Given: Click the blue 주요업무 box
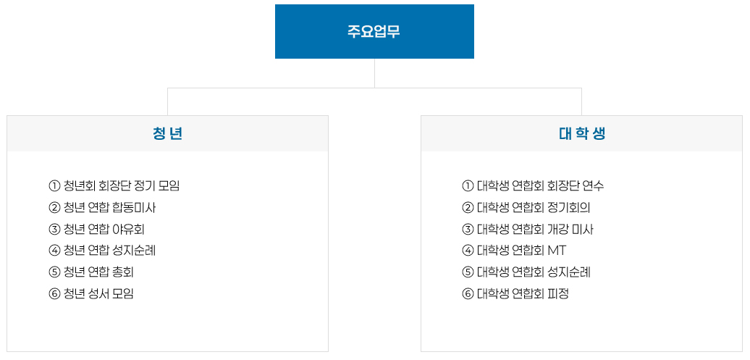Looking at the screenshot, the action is pos(374,32).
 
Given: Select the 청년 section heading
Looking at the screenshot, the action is pos(167,134).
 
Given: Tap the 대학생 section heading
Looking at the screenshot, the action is pos(581,134).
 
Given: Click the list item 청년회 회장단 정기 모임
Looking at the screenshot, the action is pos(122,185).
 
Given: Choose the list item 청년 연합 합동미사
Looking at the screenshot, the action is pos(109,207).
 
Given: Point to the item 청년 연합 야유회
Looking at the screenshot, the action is pos(104,229).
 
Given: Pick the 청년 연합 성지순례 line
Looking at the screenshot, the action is pos(109,250).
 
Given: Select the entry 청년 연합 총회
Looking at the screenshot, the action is pos(98,272).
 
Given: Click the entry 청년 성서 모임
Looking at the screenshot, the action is pos(98,293).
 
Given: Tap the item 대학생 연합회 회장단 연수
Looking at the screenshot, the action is pos(541,185).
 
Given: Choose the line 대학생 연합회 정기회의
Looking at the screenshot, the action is pos(534,207).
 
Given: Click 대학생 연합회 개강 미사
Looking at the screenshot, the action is pos(535,229).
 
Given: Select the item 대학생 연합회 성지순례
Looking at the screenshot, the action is pos(534,272).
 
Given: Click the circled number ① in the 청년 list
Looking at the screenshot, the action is pos(54,185).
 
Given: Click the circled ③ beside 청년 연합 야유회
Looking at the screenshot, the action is pos(54,229).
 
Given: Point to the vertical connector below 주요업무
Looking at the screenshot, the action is pos(374,73).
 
